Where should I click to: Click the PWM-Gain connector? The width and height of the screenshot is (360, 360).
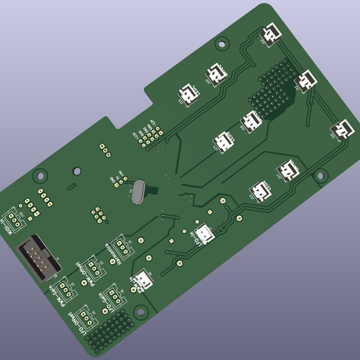point(67,287)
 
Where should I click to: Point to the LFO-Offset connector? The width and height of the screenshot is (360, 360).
point(87,315)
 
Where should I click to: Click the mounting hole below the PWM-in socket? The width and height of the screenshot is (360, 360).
point(140,311)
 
